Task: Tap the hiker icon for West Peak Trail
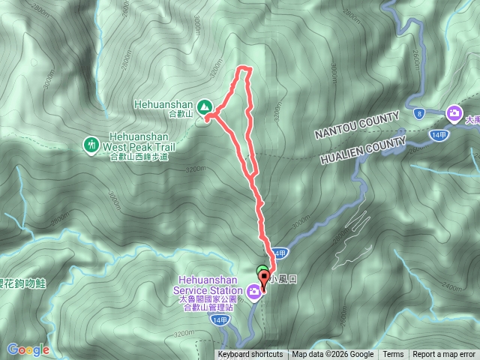[x=91, y=142]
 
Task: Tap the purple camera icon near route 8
[x=453, y=113]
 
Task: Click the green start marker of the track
[x=261, y=272]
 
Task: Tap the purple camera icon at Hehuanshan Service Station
[x=255, y=291]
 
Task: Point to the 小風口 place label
[x=283, y=279]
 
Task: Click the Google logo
[x=28, y=349]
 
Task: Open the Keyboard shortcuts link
[x=250, y=355]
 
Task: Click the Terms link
[x=393, y=355]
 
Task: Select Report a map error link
[x=444, y=355]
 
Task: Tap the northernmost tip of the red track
[x=244, y=68]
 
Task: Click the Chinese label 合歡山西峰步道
[x=139, y=157]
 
